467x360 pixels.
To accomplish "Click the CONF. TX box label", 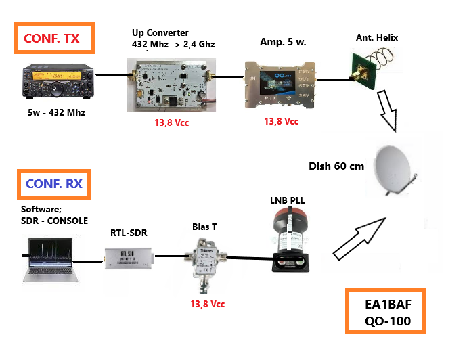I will click(52, 39).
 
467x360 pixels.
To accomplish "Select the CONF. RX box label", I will click(53, 183).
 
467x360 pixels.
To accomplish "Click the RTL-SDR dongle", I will click(128, 258).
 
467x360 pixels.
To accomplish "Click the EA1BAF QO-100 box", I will click(385, 312).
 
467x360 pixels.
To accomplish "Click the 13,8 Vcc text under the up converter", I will click(174, 123).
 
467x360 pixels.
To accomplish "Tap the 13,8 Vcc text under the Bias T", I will click(207, 305).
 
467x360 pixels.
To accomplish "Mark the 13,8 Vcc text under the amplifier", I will click(281, 121).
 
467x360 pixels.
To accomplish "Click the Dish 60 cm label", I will click(336, 166).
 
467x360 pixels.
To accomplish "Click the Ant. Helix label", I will click(377, 37).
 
